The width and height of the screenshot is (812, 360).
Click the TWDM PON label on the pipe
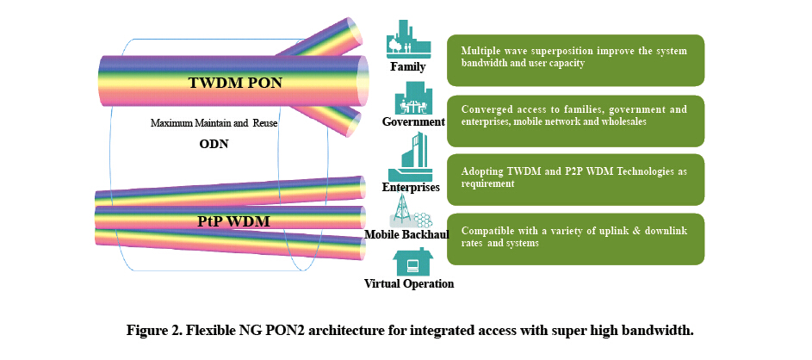(x=235, y=83)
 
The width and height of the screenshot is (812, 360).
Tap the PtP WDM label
(x=233, y=221)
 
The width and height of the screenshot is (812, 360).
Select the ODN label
(x=214, y=144)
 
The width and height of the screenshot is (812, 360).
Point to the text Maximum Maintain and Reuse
(x=214, y=123)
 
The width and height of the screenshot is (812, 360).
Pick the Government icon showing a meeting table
(x=413, y=98)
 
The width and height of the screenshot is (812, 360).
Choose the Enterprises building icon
(x=410, y=156)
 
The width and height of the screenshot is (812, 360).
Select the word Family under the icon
(x=408, y=67)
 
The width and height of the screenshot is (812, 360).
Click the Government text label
(x=413, y=121)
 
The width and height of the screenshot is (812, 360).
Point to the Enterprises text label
(x=411, y=187)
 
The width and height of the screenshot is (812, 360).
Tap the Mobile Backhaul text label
(x=406, y=234)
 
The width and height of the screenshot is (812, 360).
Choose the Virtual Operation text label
(x=409, y=284)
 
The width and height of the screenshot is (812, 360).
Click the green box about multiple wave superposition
(x=575, y=60)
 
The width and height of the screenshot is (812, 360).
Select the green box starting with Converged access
(x=575, y=121)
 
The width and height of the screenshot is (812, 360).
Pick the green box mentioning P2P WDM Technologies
(x=575, y=180)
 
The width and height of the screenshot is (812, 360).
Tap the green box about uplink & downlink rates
(x=575, y=239)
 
